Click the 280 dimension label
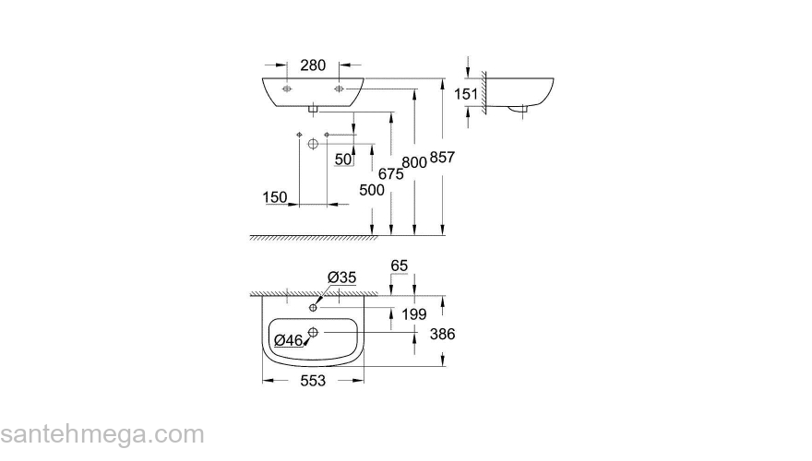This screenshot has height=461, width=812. point(314,65)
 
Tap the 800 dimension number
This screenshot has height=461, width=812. point(415,161)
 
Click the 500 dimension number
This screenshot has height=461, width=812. point(372,191)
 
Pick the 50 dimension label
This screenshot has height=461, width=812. point(343,160)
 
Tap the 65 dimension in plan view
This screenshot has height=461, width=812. point(399,266)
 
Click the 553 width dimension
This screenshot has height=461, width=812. point(314,382)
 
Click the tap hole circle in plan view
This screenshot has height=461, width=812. point(314,307)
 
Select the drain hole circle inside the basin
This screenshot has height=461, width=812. point(314,332)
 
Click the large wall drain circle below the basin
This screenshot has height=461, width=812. point(313,145)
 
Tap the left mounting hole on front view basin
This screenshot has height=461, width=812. point(287,89)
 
